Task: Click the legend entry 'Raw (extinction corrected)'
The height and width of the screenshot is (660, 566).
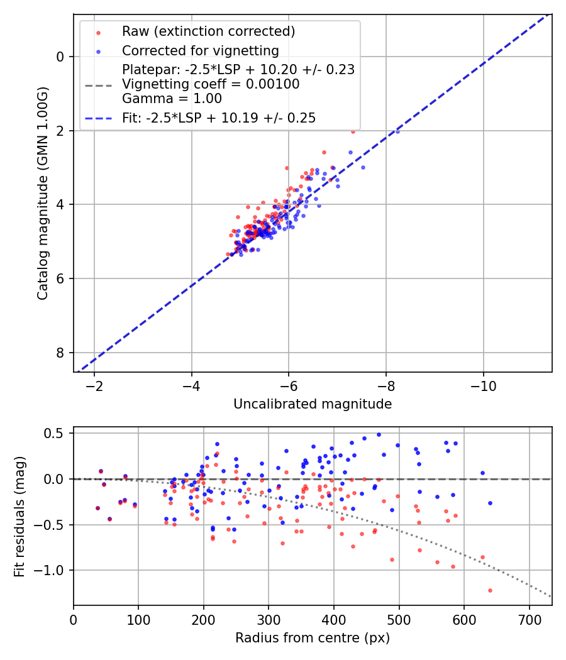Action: pyautogui.click(x=208, y=31)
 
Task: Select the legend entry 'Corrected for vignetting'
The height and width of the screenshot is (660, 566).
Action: pyautogui.click(x=201, y=50)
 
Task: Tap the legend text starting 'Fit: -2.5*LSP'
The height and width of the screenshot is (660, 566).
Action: pyautogui.click(x=219, y=118)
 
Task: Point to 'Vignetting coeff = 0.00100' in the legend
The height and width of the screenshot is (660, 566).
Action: pyautogui.click(x=211, y=84)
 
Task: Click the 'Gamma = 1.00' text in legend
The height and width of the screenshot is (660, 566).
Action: pyautogui.click(x=172, y=99)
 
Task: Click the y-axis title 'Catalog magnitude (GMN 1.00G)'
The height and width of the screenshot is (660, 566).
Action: pyautogui.click(x=42, y=193)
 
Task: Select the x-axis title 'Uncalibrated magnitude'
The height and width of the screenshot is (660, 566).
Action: pyautogui.click(x=313, y=404)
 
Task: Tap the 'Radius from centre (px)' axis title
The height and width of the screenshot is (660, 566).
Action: pyautogui.click(x=313, y=638)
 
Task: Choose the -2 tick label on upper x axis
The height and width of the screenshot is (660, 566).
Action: pyautogui.click(x=94, y=385)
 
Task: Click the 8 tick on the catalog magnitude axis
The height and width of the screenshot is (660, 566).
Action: pyautogui.click(x=61, y=353)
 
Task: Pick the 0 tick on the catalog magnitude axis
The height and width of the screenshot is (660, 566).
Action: pyautogui.click(x=61, y=57)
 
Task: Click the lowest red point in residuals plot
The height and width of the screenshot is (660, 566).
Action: pyautogui.click(x=490, y=590)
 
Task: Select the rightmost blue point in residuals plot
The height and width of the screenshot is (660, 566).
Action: pyautogui.click(x=490, y=503)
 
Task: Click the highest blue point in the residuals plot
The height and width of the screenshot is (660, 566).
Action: pyautogui.click(x=379, y=434)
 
